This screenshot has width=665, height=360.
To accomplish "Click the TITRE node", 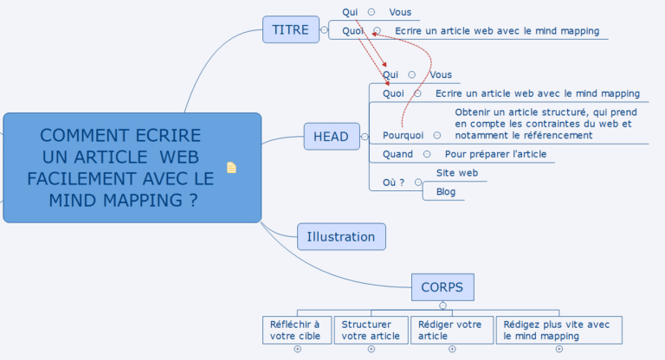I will tap(290, 29).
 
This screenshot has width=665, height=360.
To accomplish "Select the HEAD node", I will tap(331, 137).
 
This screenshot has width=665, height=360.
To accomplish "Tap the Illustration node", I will tap(341, 236).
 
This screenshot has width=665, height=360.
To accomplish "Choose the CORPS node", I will tap(442, 286).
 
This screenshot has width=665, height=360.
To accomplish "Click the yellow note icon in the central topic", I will tap(231, 167).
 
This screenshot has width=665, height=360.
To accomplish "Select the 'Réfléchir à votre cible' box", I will tap(295, 330).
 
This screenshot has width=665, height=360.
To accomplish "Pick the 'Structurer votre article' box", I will tap(371, 330).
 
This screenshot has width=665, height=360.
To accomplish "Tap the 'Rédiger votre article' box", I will tap(451, 330).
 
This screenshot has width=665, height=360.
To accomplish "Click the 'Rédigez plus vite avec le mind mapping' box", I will tap(558, 330).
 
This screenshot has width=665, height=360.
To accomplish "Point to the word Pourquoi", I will tap(404, 135).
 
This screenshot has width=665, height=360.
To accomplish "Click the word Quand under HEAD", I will tap(398, 154).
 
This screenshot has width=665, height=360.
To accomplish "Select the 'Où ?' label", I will tap(395, 182).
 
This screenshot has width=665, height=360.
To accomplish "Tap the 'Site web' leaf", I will tap(457, 173).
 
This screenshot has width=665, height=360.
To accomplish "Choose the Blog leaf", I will tap(446, 191).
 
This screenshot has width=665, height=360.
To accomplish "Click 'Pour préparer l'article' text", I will tap(495, 154).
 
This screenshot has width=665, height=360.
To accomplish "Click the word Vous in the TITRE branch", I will tap(400, 12).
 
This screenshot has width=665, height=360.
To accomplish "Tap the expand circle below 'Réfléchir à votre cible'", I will tap(297, 350).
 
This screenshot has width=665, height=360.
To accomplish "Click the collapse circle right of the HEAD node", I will tap(365, 137).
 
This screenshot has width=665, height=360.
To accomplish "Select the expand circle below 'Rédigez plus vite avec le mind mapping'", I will tap(558, 350).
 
